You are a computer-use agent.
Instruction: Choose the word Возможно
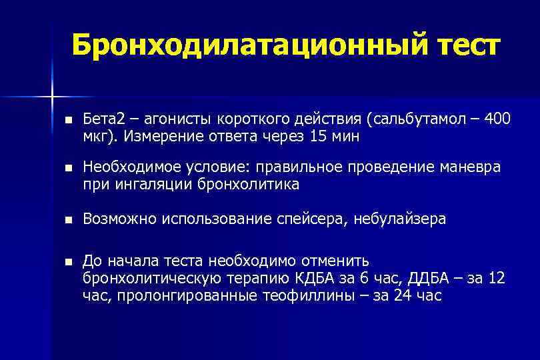117,219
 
